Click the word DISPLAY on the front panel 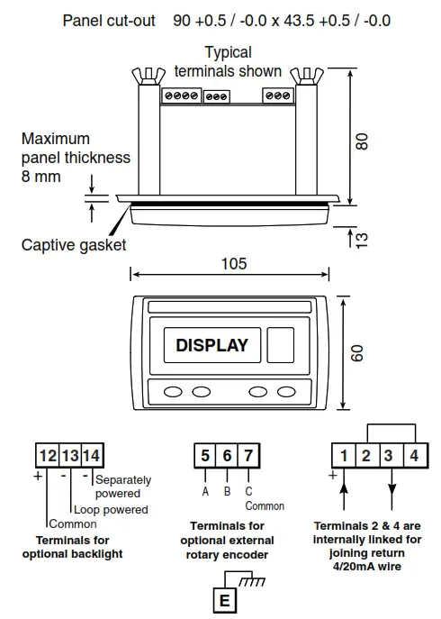coord(211,345)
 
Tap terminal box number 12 coord(48,456)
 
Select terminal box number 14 coord(92,456)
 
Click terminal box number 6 coord(227,456)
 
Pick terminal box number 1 coord(344,456)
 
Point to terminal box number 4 coord(416,456)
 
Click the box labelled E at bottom coord(224,600)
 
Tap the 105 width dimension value coord(234,264)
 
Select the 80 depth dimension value coord(362,141)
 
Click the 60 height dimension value coord(356,353)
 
